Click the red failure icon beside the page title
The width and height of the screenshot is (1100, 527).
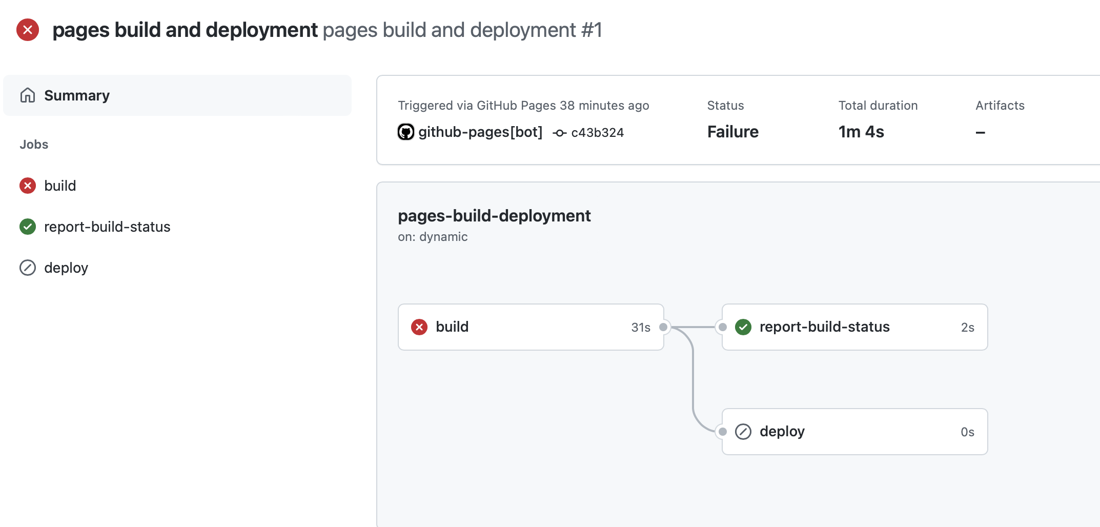(x=28, y=30)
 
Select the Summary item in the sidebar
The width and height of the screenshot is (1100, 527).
(x=77, y=95)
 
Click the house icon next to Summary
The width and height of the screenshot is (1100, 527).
(x=28, y=95)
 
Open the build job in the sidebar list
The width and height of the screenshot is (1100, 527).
(x=60, y=186)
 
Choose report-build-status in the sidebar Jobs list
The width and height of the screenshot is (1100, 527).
(x=107, y=227)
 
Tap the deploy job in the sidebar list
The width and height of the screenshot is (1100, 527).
(x=66, y=268)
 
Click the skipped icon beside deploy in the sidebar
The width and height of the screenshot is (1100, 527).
(x=28, y=268)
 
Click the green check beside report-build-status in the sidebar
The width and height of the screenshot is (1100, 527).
(x=28, y=227)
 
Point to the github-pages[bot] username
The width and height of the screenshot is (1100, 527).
(x=480, y=132)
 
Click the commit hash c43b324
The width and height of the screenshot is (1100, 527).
(x=597, y=133)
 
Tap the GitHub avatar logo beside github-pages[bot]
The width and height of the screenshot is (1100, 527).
(x=406, y=132)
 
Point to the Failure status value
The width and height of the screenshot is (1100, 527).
(x=732, y=132)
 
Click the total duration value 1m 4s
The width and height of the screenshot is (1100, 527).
(x=861, y=132)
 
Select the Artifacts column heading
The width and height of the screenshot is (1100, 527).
(x=1000, y=106)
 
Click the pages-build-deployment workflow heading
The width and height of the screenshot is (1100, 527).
(x=494, y=216)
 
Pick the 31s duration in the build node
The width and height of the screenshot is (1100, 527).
(x=641, y=328)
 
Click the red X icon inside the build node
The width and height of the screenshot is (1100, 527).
(x=419, y=327)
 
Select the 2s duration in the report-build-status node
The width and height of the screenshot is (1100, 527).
(x=967, y=328)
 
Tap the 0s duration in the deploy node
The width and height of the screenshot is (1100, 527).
(x=967, y=432)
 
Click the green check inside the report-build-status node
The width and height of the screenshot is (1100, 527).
(x=743, y=327)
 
